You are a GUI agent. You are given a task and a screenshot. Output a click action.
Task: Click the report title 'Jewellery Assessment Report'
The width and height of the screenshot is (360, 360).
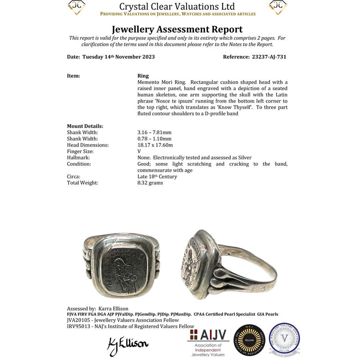click(x=177, y=30)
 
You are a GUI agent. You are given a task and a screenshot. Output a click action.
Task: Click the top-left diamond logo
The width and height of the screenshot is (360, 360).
click(x=76, y=7)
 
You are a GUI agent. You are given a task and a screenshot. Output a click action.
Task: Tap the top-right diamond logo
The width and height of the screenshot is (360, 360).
click(x=278, y=7)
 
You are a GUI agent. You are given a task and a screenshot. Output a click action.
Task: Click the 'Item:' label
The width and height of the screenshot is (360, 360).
click(x=74, y=75)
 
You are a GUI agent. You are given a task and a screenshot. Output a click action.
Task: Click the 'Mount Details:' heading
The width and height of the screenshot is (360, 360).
click(x=85, y=126)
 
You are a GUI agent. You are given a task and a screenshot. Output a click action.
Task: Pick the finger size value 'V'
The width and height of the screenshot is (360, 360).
click(x=139, y=151)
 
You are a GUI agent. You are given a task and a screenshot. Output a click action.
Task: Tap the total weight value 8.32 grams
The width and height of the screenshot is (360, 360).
click(x=150, y=183)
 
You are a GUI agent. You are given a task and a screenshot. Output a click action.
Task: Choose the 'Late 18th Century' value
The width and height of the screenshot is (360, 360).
click(x=157, y=177)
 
